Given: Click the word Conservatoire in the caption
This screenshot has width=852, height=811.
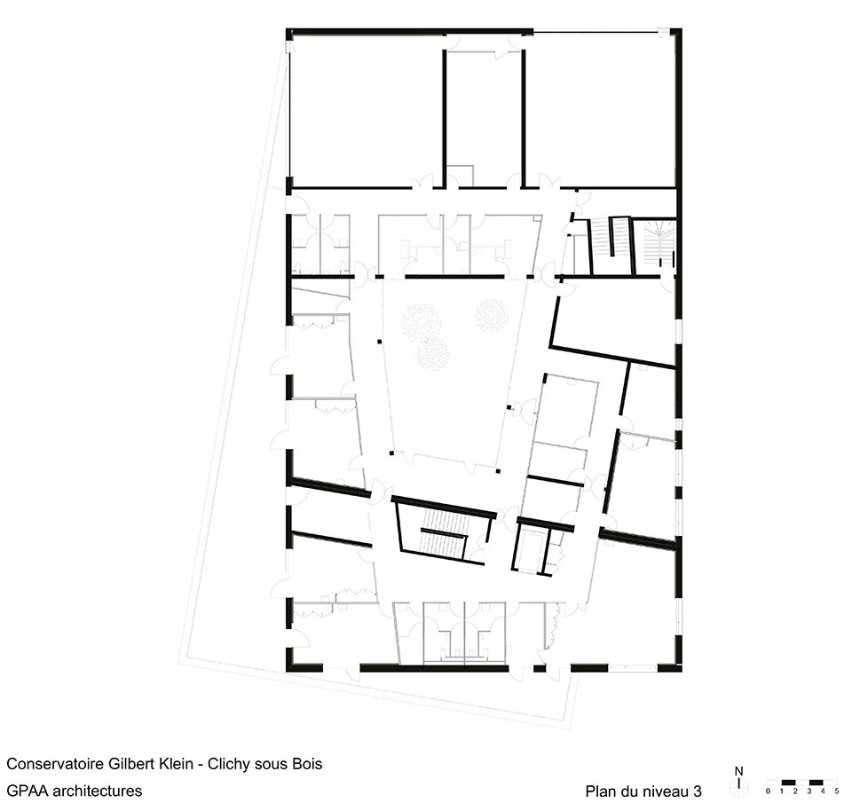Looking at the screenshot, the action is (54, 764).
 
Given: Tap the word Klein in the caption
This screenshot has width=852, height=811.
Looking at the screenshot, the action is (175, 764).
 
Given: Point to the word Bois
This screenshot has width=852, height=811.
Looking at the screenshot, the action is (308, 764).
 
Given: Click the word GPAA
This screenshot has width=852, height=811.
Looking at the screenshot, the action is (27, 791).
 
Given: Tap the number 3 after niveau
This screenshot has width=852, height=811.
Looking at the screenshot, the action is (698, 791).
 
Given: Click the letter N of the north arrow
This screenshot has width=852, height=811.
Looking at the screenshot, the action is (738, 771).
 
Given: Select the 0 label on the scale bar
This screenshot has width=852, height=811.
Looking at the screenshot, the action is (768, 791).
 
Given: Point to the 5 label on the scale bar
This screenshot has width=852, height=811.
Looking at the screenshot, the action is (837, 791).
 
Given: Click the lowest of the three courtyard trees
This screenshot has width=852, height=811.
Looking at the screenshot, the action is (433, 354).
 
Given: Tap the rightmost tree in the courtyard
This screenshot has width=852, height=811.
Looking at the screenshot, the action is (492, 316).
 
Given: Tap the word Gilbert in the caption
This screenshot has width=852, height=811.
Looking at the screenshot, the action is (130, 764).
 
